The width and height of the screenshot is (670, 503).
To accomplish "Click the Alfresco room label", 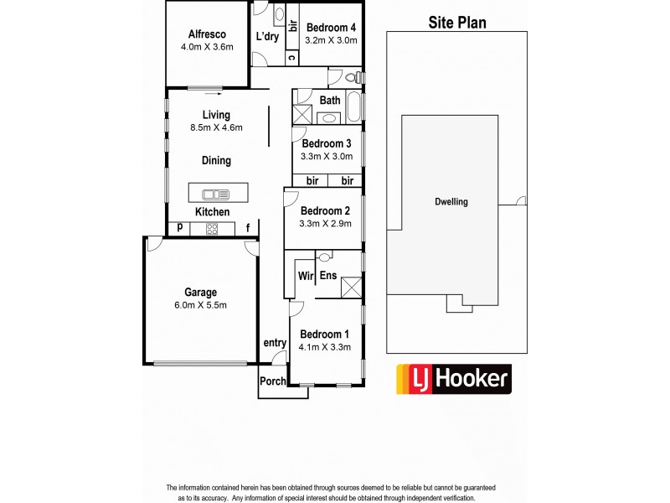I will tap(205, 34).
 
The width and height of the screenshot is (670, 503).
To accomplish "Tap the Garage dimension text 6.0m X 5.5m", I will tap(200, 305).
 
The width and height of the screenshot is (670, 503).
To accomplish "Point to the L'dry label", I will tap(267, 37).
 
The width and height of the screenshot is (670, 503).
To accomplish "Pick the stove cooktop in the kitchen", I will tap(212, 228).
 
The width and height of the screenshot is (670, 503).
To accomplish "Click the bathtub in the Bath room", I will tap(353, 108).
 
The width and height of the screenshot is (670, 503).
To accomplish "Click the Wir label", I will tap(305, 275).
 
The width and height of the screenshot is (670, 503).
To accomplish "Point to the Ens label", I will tap(328, 275).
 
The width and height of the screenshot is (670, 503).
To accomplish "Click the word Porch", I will tap(272, 381).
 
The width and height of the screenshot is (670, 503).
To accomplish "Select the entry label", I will tap(275, 342).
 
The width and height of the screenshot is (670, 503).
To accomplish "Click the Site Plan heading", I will tap(457, 22).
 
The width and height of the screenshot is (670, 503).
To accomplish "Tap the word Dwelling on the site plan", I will tap(451, 202).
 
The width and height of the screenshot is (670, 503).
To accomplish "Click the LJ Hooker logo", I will tap(452, 379).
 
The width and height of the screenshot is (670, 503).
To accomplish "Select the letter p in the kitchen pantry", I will tap(179, 227).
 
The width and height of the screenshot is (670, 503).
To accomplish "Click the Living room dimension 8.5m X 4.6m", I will tap(216, 128).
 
